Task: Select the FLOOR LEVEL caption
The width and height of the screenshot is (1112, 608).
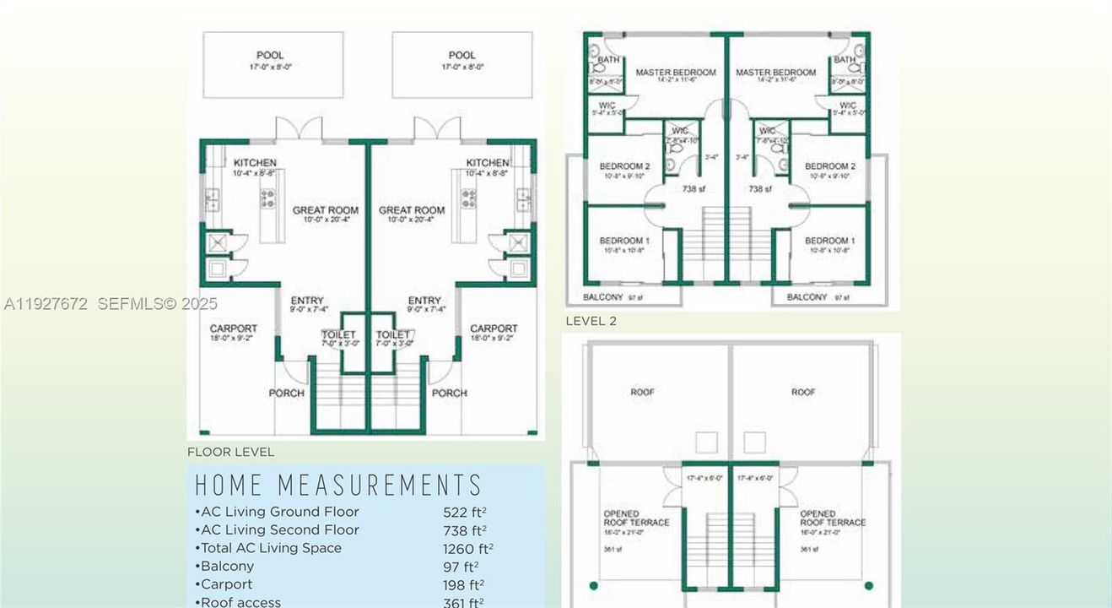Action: [230, 452]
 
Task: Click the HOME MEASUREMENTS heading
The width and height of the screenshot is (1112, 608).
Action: [338, 486]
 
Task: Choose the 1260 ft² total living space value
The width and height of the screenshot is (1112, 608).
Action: [467, 549]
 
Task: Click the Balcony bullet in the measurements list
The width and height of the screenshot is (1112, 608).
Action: [225, 567]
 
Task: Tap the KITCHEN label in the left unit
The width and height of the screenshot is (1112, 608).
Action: [255, 163]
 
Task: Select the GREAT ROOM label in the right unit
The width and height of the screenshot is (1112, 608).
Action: [411, 210]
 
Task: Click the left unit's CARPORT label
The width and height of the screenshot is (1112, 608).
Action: [234, 328]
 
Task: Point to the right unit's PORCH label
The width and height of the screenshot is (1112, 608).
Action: [449, 393]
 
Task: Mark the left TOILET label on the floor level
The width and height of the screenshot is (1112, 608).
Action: [338, 335]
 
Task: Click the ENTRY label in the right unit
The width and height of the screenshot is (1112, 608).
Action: [424, 301]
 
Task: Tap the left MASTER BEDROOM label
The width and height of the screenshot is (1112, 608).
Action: [675, 73]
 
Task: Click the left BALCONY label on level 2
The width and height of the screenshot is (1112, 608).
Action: [604, 297]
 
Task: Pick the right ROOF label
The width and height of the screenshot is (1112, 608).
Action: [802, 392]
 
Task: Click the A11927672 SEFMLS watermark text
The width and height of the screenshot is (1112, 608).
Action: [111, 304]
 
